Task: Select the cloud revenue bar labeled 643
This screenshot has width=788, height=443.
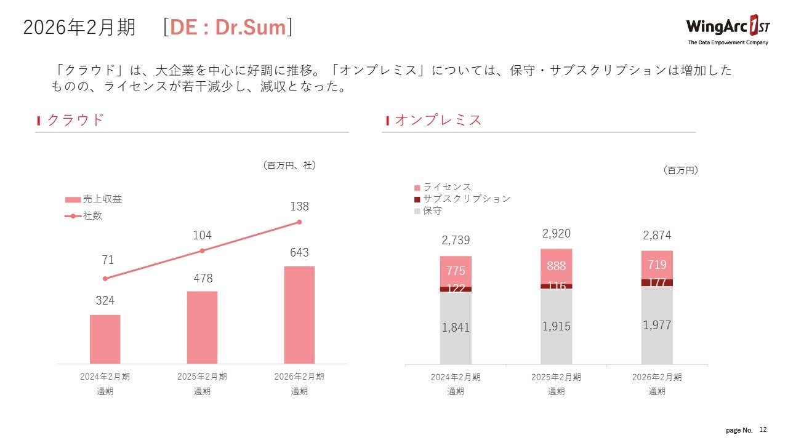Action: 299,314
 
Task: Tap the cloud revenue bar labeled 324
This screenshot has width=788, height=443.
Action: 105,339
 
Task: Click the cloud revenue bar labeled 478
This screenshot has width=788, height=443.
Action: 202,327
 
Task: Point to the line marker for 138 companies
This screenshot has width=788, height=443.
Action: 299,221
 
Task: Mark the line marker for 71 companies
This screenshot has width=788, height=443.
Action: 105,278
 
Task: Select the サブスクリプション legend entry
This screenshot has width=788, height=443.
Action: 462,199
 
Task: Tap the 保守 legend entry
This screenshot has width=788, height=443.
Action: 428,211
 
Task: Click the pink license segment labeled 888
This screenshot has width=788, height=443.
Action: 557,266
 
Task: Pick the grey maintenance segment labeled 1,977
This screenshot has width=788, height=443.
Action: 657,325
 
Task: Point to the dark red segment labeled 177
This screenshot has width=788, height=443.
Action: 657,282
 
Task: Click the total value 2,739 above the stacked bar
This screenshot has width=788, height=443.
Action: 456,240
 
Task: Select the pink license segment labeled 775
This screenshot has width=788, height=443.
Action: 456,271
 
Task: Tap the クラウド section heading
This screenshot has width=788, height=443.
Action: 75,120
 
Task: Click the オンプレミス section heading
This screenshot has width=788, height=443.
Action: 438,120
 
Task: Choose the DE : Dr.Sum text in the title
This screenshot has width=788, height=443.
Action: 228,28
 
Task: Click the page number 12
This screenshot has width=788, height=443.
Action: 763,429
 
